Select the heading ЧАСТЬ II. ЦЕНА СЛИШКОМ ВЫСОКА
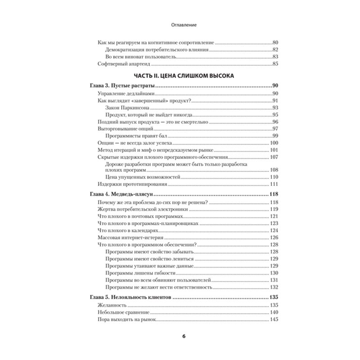pyautogui.click(x=180, y=75)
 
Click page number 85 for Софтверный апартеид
pyautogui.click(x=275, y=64)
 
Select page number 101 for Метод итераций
pyautogui.click(x=274, y=150)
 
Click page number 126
pyautogui.click(x=274, y=237)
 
